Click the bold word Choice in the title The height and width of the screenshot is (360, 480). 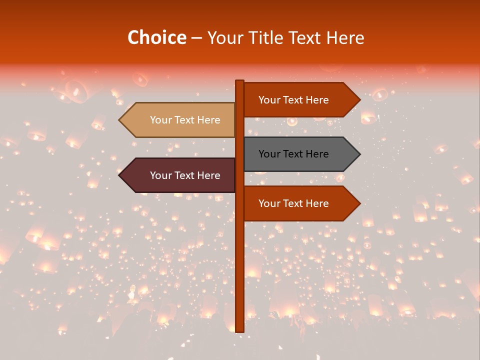click(x=156, y=37)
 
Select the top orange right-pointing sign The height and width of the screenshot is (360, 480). click(x=300, y=100)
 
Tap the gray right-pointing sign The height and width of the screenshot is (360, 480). click(x=300, y=154)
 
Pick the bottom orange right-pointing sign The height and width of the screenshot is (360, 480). click(x=300, y=203)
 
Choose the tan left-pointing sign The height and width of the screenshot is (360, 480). click(x=180, y=120)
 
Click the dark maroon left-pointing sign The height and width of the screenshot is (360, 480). click(x=180, y=175)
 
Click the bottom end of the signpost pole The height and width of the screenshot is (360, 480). click(x=239, y=330)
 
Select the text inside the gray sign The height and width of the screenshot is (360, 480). click(x=293, y=154)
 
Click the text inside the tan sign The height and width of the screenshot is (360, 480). click(x=185, y=120)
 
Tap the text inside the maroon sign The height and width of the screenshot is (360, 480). click(x=185, y=175)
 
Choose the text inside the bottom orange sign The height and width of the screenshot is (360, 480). click(x=293, y=203)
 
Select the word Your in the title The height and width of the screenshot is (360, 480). click(x=224, y=37)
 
